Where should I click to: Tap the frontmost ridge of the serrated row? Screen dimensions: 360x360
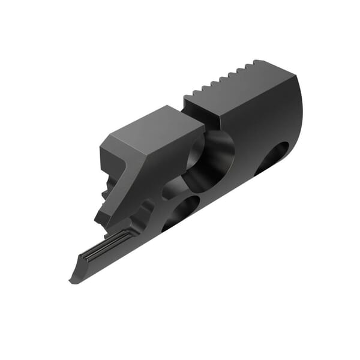coord(194,92)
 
